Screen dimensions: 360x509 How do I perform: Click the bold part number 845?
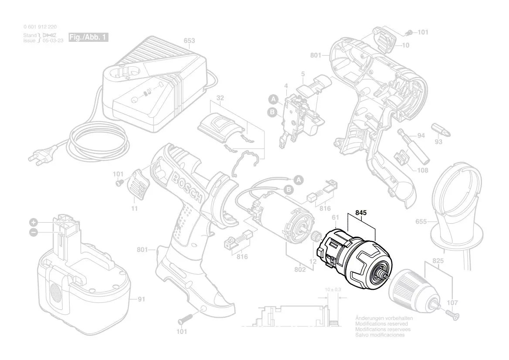tap(361, 214)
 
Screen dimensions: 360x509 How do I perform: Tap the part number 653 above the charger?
tap(189, 41)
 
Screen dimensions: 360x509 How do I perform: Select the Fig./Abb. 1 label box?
tap(88, 37)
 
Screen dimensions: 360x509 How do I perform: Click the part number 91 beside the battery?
tap(141, 299)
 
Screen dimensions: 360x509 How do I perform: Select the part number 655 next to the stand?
tap(421, 222)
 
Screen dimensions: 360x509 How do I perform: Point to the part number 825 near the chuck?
tap(438, 261)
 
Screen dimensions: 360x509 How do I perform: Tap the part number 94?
tap(421, 136)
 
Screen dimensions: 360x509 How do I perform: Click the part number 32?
tap(220, 98)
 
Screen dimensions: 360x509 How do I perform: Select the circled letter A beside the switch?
tap(273, 99)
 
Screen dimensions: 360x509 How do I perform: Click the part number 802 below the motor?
tap(300, 270)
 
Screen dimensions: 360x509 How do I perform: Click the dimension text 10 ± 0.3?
tap(333, 289)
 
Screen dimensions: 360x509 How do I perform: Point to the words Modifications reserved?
tap(381, 324)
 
